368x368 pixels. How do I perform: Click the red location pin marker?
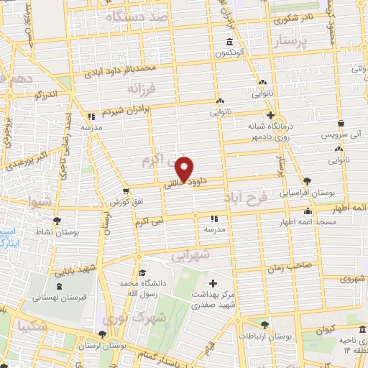185,169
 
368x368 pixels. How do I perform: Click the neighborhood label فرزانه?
142,90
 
